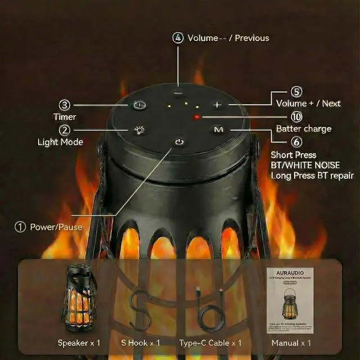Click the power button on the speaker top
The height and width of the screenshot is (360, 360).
point(179,142)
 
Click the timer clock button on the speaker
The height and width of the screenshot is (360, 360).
point(139,105)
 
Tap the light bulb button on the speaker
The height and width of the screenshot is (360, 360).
point(139,130)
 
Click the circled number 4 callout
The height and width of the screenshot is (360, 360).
point(178,38)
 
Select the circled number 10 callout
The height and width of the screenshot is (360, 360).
point(297,116)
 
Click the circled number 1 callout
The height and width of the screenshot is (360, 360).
point(20,227)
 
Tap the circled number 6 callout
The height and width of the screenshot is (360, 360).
point(297,142)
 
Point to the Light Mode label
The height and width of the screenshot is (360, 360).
point(60,142)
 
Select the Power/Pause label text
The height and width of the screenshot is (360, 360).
point(56,227)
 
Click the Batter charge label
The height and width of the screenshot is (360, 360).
point(304,129)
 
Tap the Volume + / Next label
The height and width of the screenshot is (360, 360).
point(308,103)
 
